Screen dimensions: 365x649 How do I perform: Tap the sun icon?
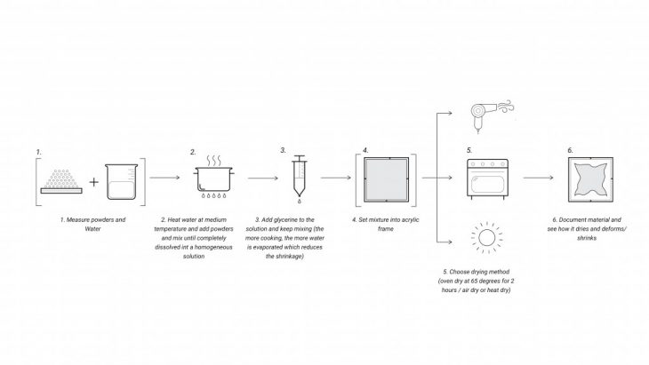(484, 239)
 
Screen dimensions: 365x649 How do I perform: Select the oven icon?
(485, 177)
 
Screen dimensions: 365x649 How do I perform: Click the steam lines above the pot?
(214, 162)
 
